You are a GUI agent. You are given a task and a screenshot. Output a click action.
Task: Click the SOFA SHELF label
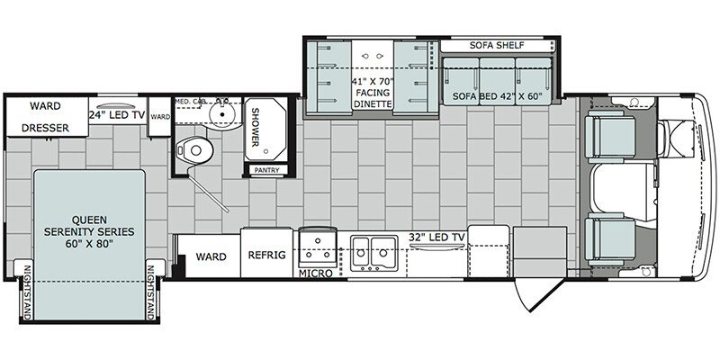[497, 46]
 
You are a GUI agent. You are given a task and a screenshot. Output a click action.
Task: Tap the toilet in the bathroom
[194, 149]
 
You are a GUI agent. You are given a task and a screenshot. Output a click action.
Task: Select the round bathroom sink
[222, 113]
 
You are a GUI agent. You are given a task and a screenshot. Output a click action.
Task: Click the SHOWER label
[256, 127]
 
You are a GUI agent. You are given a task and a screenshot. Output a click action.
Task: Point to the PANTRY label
[267, 170]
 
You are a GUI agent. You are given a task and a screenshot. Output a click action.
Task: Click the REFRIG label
[266, 256]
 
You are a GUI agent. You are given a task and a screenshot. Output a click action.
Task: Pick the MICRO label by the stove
[316, 274]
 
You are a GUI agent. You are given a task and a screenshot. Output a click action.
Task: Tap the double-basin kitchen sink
[374, 253]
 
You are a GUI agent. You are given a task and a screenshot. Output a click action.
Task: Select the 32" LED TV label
[437, 238]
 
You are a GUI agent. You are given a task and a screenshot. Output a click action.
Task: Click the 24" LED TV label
[117, 116]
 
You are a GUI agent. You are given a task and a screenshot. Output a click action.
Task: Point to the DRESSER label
[46, 128]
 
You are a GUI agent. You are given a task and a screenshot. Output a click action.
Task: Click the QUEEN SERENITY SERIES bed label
[89, 231]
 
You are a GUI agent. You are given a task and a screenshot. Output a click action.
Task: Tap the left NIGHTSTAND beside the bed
[27, 292]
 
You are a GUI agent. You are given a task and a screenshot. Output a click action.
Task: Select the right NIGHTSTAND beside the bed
[150, 292]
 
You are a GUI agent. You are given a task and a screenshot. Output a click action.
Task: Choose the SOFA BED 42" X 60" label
[498, 97]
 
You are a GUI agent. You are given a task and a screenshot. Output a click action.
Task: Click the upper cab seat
[611, 137]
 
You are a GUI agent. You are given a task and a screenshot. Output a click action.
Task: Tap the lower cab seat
[611, 238]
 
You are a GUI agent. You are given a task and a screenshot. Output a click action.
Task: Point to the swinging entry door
[538, 295]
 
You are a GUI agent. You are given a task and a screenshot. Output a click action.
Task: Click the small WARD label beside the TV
[160, 117]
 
